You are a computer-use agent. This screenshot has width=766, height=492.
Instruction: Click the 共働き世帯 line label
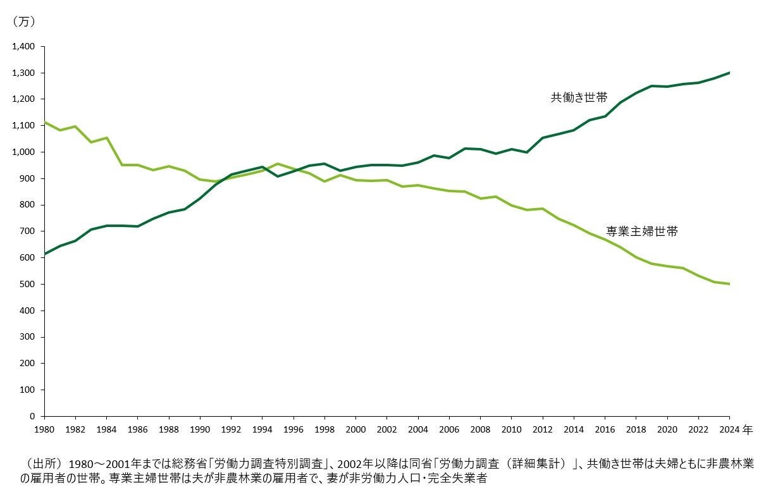pyautogui.click(x=579, y=98)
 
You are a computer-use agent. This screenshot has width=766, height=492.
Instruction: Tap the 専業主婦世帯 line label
pyautogui.click(x=641, y=231)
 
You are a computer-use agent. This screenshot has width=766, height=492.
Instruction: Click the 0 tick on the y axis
pyautogui.click(x=37, y=416)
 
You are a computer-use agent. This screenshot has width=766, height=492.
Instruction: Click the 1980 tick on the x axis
pyautogui.click(x=44, y=429)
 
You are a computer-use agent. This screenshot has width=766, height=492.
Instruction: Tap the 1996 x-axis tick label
pyautogui.click(x=293, y=429)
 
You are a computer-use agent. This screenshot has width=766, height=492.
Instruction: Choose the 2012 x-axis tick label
pyautogui.click(x=543, y=429)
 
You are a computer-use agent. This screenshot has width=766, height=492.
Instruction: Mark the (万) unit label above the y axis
pyautogui.click(x=23, y=22)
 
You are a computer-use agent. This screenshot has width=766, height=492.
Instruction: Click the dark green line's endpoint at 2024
pyautogui.click(x=729, y=73)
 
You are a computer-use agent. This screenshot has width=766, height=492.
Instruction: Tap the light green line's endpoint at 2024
pyautogui.click(x=729, y=284)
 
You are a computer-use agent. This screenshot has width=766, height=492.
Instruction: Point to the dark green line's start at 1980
pyautogui.click(x=44, y=254)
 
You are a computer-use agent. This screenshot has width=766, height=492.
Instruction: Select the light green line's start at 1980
pyautogui.click(x=44, y=122)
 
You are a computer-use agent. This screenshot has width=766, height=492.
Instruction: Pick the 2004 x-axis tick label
pyautogui.click(x=418, y=429)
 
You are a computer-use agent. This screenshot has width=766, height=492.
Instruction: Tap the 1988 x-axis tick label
pyautogui.click(x=169, y=429)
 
